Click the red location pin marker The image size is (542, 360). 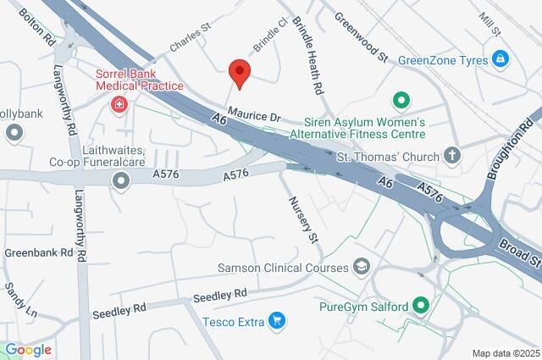click(x=240, y=74)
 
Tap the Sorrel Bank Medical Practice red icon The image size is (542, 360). click(x=119, y=105)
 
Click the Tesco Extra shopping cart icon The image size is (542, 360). click(x=275, y=320)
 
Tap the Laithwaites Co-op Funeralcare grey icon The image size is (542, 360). click(x=121, y=180)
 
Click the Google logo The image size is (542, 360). click(x=28, y=350)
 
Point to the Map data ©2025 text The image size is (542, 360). click(x=506, y=353)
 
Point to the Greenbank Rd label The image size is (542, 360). click(x=34, y=252)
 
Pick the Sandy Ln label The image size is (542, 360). click(x=20, y=300)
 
